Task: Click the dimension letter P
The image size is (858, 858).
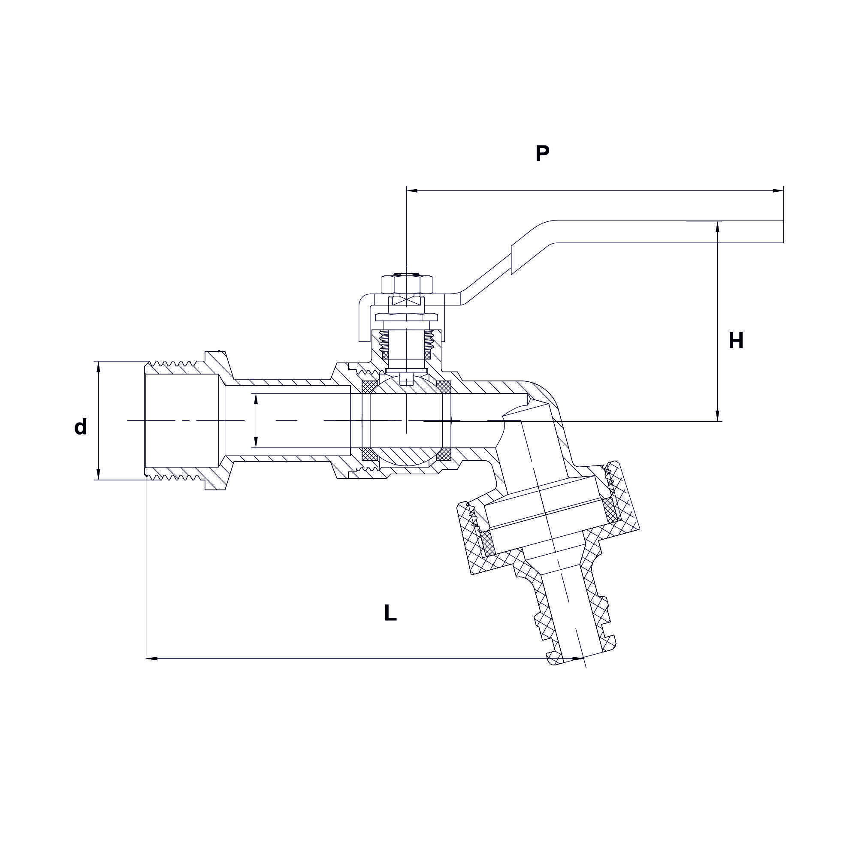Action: [542, 154]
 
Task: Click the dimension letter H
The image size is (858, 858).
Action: [736, 341]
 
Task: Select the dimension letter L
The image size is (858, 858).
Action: [390, 613]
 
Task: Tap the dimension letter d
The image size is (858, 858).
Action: [80, 427]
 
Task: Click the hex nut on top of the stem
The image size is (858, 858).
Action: [407, 284]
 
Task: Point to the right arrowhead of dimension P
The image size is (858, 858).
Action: [778, 191]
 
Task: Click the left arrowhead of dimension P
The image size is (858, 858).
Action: [412, 191]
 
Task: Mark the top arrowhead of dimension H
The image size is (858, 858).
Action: [717, 227]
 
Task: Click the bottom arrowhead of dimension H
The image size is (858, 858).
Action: [717, 415]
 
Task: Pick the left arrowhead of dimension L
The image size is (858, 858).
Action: [152, 658]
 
